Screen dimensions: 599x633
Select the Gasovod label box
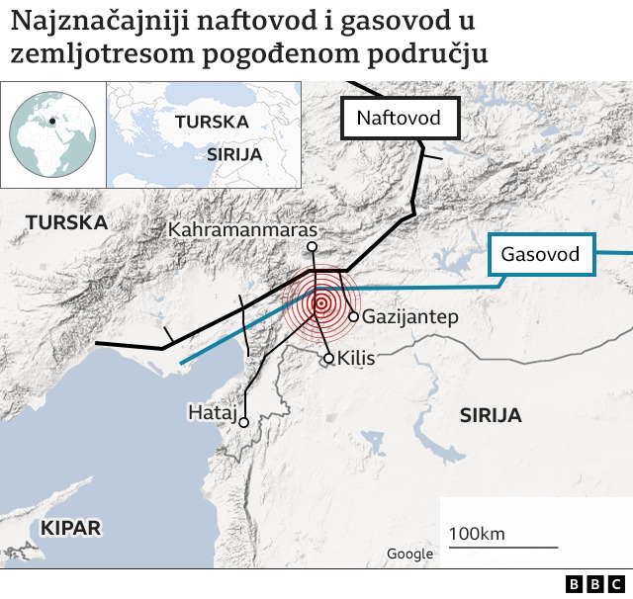click(x=540, y=255)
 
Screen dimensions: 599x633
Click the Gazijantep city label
click(x=411, y=317)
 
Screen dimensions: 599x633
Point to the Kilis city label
click(x=356, y=358)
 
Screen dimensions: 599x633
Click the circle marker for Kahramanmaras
click(x=312, y=247)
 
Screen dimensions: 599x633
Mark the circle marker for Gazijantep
click(x=353, y=316)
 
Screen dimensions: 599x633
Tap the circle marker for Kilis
click(x=329, y=358)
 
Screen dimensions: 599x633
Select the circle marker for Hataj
click(x=243, y=422)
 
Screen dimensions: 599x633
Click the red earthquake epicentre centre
click(x=318, y=302)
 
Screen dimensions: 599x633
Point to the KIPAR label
click(x=70, y=528)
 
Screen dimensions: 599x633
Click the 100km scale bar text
click(x=477, y=535)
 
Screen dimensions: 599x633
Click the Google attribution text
click(x=409, y=555)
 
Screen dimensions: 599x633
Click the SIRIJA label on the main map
click(x=490, y=416)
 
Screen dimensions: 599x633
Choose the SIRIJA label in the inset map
click(x=234, y=154)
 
